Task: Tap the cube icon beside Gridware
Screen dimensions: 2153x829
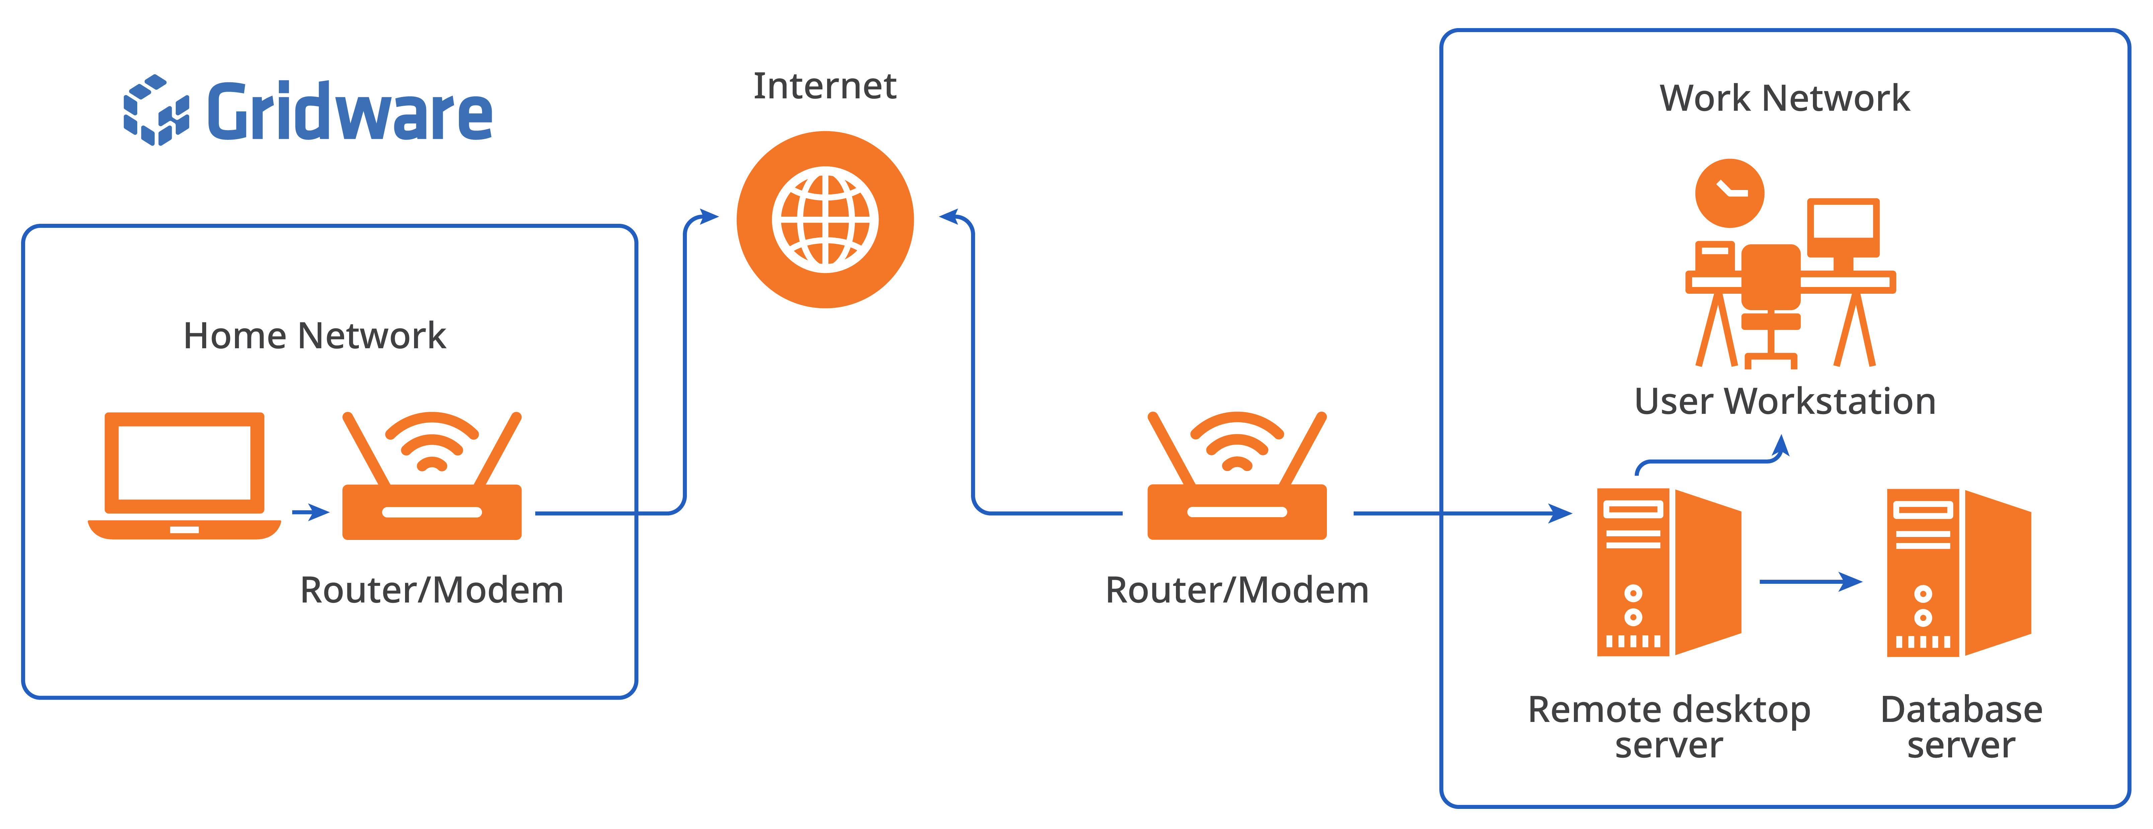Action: pos(156,110)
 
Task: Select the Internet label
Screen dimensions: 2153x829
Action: pos(825,86)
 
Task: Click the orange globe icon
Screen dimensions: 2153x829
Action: pos(825,220)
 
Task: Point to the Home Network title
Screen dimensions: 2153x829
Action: pos(314,336)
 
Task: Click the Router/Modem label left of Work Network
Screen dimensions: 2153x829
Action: pos(1237,590)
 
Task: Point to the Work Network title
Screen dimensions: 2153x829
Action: pos(1784,99)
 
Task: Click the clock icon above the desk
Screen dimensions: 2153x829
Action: pos(1729,193)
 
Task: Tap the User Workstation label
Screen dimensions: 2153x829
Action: pos(1784,401)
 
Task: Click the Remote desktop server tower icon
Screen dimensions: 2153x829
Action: pos(1669,572)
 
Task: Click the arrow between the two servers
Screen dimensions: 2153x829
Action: pos(1811,582)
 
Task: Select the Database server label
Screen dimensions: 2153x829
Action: pos(1961,727)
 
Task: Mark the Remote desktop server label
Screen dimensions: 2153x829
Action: pos(1669,727)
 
